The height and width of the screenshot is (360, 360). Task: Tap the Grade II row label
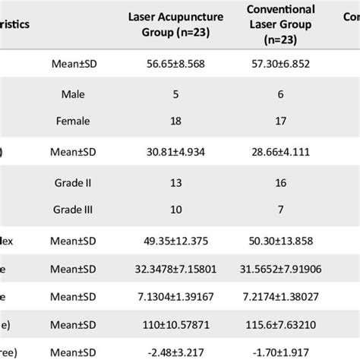[73, 183]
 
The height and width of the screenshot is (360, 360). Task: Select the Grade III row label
[73, 209]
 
